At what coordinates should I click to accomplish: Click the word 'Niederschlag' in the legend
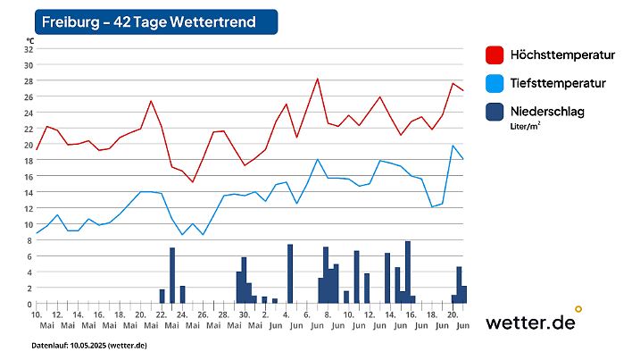[x=549, y=112]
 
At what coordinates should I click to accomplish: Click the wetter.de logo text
[x=530, y=322]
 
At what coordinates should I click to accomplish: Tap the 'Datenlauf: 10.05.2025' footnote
[x=89, y=345]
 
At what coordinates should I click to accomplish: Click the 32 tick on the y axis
[x=28, y=49]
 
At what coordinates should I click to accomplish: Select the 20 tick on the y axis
[x=28, y=145]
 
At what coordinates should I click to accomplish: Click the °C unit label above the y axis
[x=30, y=40]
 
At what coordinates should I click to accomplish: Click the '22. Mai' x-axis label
[x=162, y=320]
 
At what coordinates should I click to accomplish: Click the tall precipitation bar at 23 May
[x=172, y=276]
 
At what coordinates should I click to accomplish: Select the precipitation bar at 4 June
[x=290, y=274]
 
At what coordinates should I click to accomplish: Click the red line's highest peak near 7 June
[x=317, y=79]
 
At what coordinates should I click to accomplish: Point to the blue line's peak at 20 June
[x=453, y=146]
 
